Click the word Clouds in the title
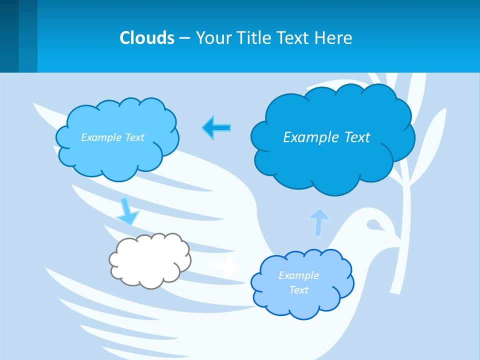146,38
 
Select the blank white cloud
150,260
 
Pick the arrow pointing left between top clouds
216,127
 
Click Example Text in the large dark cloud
326,137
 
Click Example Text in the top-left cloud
112,137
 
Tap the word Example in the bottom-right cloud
298,275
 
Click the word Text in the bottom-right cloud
298,290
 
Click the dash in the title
184,38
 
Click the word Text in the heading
293,38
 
